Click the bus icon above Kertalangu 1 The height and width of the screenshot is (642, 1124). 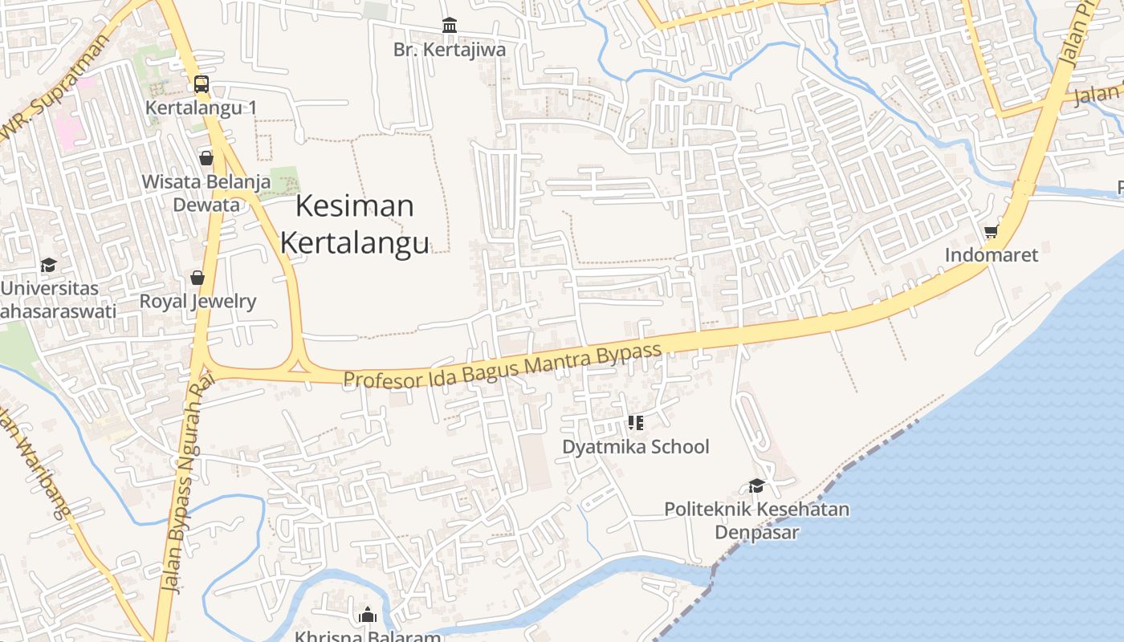tap(201, 83)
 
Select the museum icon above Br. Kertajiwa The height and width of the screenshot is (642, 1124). tap(450, 26)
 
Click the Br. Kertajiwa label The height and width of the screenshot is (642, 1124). tap(450, 50)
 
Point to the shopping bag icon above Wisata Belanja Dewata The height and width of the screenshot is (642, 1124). tap(206, 157)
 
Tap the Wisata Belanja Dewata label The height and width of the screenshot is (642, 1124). tap(206, 193)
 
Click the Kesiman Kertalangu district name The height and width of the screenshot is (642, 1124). tap(354, 224)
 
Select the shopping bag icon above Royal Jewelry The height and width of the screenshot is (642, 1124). tap(198, 278)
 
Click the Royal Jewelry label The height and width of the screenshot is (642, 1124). tap(198, 301)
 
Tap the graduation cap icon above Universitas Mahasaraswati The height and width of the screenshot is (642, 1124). tap(48, 265)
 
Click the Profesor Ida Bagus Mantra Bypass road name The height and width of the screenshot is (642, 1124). tap(503, 366)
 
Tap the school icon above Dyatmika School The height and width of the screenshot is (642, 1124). tap(636, 422)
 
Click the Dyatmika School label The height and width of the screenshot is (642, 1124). tap(636, 446)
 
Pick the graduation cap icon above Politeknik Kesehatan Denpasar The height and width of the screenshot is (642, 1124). tap(756, 486)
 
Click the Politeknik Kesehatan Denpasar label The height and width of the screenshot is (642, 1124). tap(756, 520)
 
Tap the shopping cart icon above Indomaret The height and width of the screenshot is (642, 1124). tap(991, 231)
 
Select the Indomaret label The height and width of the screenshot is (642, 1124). tap(991, 255)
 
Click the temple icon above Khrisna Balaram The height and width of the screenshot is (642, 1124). tap(368, 616)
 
